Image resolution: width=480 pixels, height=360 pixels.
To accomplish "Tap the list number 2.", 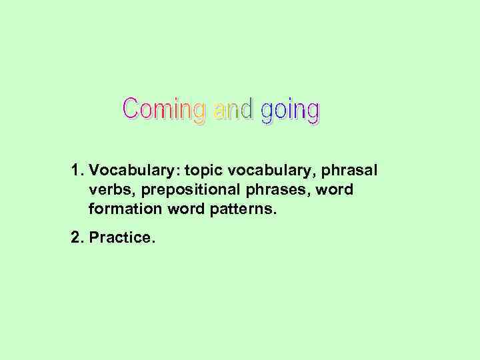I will (75, 237).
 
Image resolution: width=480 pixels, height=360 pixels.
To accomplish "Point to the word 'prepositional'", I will (175, 191).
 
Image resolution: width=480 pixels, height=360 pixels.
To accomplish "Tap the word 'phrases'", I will (269, 191).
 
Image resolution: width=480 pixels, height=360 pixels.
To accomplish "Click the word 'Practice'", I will (120, 237).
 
